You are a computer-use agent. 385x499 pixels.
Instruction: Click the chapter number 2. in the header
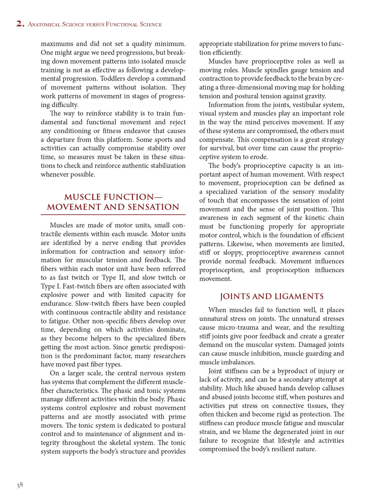coord(20,24)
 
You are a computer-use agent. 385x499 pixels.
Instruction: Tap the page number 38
coord(20,485)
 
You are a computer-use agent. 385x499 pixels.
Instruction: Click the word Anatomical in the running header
coord(44,25)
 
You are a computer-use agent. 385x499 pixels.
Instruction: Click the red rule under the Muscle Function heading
coord(113,215)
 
